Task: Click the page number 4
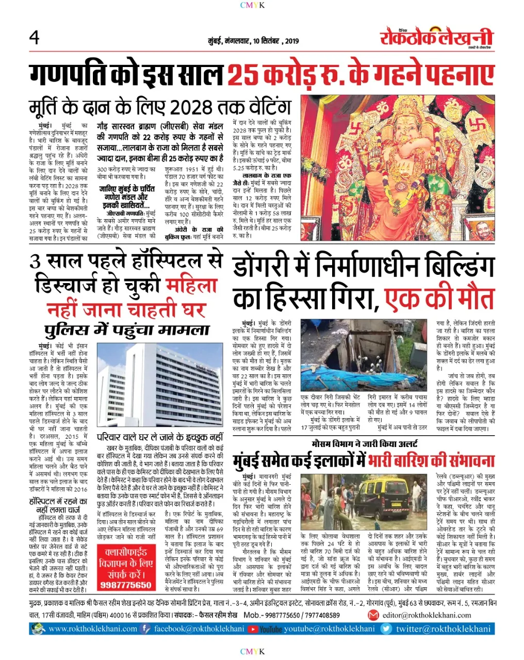(x=35, y=38)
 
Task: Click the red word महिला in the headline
(x=192, y=285)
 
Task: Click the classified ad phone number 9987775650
(x=126, y=585)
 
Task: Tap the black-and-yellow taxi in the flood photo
(x=383, y=498)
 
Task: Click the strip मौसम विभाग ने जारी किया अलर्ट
(x=365, y=443)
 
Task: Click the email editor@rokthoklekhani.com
(x=427, y=615)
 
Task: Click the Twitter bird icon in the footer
(x=386, y=629)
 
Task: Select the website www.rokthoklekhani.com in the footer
(x=93, y=629)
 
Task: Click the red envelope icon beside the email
(x=373, y=615)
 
